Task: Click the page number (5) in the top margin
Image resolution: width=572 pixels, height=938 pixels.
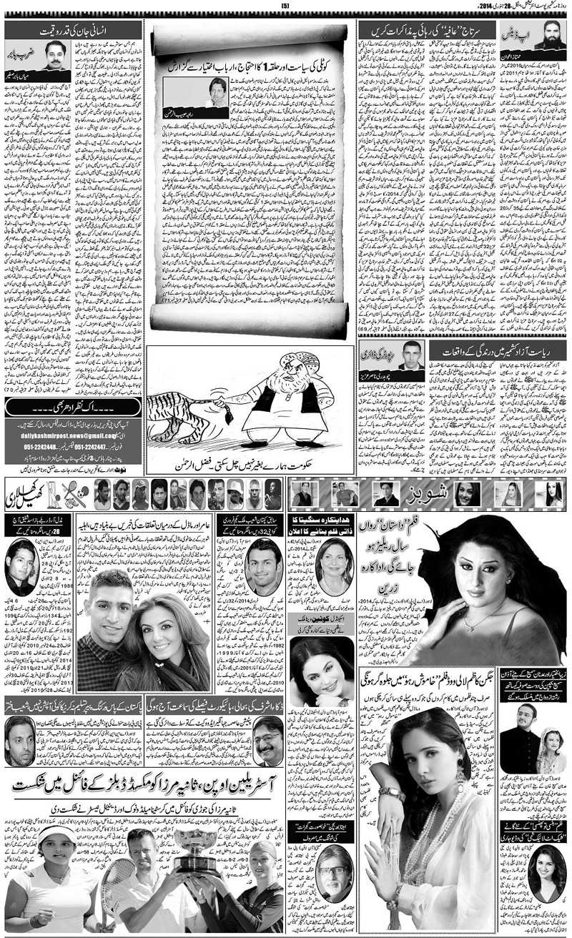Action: point(285,7)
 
